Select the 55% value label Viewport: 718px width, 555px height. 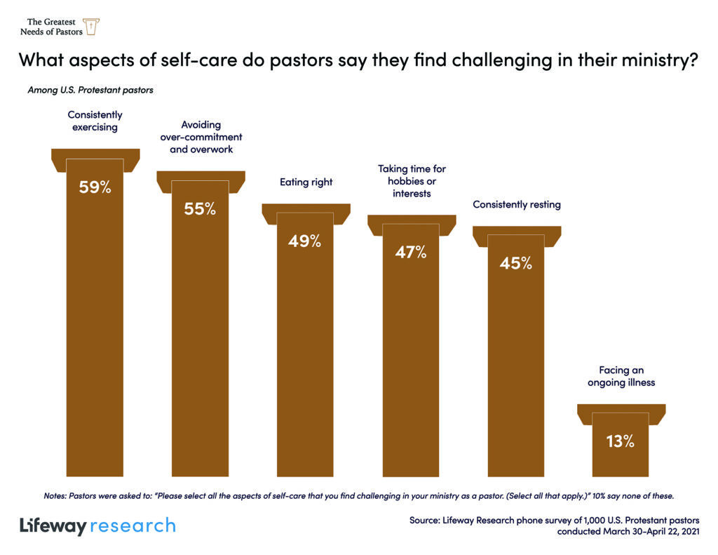coord(200,208)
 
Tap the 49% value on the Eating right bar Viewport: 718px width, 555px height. coord(305,241)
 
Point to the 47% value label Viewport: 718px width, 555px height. coord(411,252)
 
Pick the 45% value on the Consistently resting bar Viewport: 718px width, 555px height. coord(516,264)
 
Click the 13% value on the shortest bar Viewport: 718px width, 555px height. coord(621,441)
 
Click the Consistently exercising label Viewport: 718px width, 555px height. coord(95,121)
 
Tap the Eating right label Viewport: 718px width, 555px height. coord(306,182)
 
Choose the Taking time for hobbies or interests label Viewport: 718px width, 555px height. coord(412,181)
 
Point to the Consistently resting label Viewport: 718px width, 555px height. coord(517,205)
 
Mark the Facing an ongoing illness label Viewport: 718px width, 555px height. coord(621,376)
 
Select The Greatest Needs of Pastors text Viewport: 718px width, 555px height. coord(50,27)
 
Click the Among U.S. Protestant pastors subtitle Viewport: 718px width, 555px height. coord(90,90)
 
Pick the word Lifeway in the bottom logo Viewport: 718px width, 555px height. coord(53,525)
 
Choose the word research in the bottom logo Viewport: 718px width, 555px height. coord(133,525)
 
